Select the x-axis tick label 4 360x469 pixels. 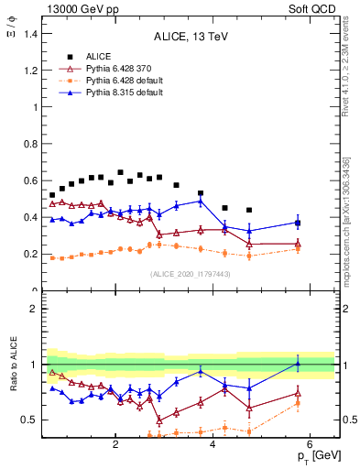pyautogui.click(x=213, y=444)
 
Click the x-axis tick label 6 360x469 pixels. pyautogui.click(x=311, y=444)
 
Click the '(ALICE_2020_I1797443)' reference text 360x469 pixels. pyautogui.click(x=191, y=273)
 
